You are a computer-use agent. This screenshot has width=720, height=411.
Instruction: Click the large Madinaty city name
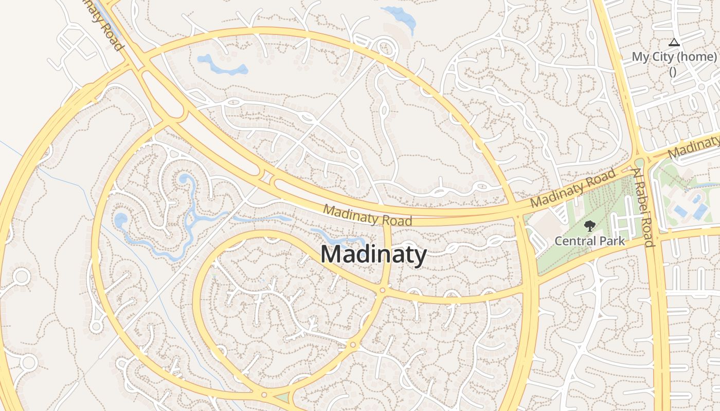pos(374,255)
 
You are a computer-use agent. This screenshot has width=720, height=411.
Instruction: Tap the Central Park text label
pos(589,240)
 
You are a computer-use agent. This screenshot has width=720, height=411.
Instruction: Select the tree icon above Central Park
pos(589,226)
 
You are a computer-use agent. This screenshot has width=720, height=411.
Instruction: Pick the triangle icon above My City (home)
pos(674,42)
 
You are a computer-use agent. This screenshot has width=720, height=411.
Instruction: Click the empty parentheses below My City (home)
pos(673,71)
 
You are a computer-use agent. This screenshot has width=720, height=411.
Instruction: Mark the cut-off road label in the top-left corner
pos(105,26)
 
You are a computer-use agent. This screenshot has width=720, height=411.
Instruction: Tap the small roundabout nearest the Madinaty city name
pos(382,291)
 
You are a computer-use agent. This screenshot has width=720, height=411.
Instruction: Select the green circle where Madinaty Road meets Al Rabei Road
pos(639,163)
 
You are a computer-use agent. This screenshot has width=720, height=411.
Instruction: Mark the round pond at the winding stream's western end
pos(121,220)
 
